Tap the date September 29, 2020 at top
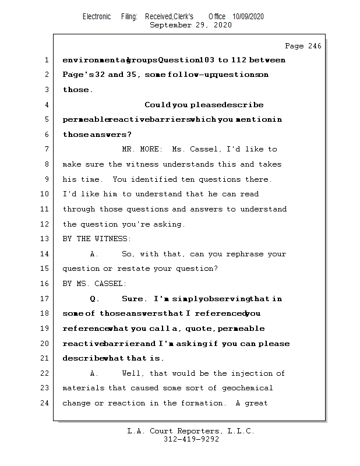click(x=190, y=25)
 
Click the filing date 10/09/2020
click(x=248, y=17)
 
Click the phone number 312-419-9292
click(x=191, y=440)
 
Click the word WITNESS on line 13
click(x=113, y=239)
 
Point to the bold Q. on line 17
click(x=95, y=299)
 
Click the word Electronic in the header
click(x=97, y=17)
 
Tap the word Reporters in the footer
click(x=192, y=432)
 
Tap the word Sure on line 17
click(x=133, y=299)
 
